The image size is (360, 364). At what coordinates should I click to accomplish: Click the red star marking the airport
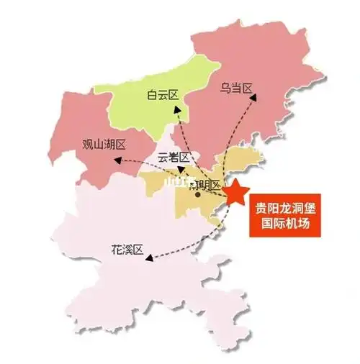tap(236, 194)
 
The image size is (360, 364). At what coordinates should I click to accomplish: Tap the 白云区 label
tap(163, 94)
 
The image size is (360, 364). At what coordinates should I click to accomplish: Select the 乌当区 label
tap(237, 89)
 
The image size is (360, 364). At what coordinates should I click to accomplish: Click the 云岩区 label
tap(173, 158)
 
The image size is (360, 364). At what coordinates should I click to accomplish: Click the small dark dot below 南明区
tap(197, 193)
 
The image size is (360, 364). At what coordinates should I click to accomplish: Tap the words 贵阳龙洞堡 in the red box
tap(286, 209)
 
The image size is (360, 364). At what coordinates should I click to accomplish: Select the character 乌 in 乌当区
tap(225, 89)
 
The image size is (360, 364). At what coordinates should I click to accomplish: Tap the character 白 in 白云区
tap(152, 94)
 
